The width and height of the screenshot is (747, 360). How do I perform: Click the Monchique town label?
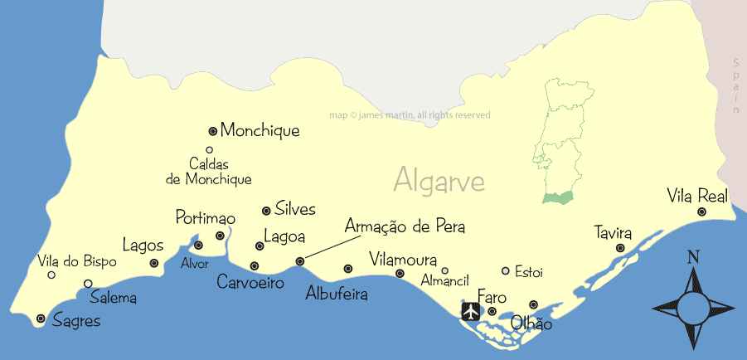260,131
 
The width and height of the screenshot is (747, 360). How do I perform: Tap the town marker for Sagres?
41,318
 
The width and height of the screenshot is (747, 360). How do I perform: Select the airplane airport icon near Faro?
471,311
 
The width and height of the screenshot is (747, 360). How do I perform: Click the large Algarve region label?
439,179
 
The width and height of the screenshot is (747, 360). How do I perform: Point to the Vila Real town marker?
701,212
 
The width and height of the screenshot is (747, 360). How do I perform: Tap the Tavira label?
613,231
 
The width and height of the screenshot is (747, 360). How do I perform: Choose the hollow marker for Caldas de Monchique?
209,150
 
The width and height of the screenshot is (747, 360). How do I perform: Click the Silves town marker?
266,211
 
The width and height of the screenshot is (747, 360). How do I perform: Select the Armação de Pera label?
405,226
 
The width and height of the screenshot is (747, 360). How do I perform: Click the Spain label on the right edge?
735,86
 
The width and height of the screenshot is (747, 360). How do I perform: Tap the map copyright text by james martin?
410,115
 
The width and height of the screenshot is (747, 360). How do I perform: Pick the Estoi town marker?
506,270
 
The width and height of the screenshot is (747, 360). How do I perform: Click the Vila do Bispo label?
77,261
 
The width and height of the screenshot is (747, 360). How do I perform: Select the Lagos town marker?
154,263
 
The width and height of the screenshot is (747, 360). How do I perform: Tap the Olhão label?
531,324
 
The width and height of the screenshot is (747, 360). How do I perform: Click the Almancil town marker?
444,270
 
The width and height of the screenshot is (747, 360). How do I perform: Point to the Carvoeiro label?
250,283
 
